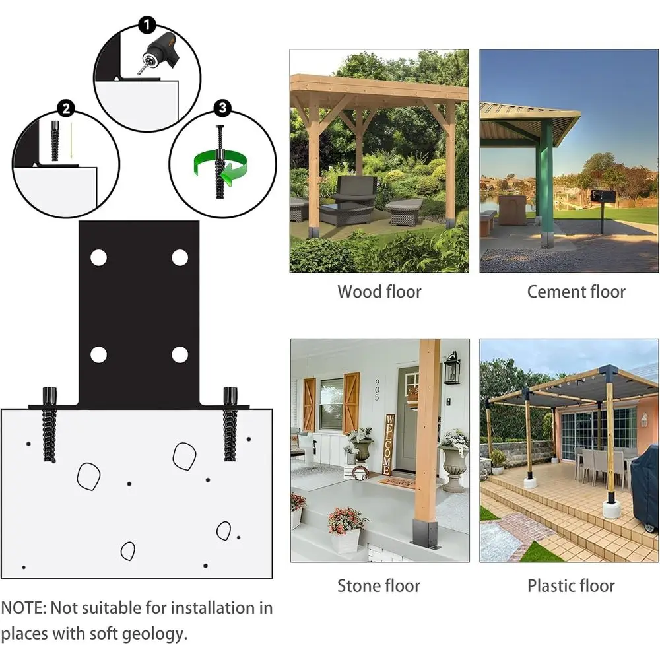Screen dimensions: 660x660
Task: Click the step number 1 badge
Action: click(x=147, y=25)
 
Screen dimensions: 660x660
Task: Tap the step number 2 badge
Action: click(x=66, y=109)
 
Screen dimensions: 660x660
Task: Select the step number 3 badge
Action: click(x=222, y=108)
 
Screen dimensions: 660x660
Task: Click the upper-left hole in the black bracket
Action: click(x=99, y=257)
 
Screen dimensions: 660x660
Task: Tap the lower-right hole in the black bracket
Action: click(x=180, y=355)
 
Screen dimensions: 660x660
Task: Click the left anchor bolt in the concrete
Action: click(x=49, y=424)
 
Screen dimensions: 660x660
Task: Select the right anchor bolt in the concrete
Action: click(x=230, y=424)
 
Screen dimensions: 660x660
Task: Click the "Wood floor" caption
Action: click(x=379, y=292)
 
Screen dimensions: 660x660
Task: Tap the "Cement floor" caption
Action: click(x=576, y=292)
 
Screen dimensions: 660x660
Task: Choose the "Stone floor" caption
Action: click(x=379, y=585)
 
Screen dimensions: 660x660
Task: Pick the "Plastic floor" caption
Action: click(x=571, y=585)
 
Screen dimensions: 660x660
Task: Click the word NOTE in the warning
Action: click(x=23, y=608)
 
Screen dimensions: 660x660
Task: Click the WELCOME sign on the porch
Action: click(x=387, y=444)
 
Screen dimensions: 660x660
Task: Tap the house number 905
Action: click(x=377, y=389)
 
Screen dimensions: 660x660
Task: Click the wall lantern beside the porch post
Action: click(x=452, y=368)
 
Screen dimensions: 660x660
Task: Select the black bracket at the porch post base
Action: click(x=426, y=533)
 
